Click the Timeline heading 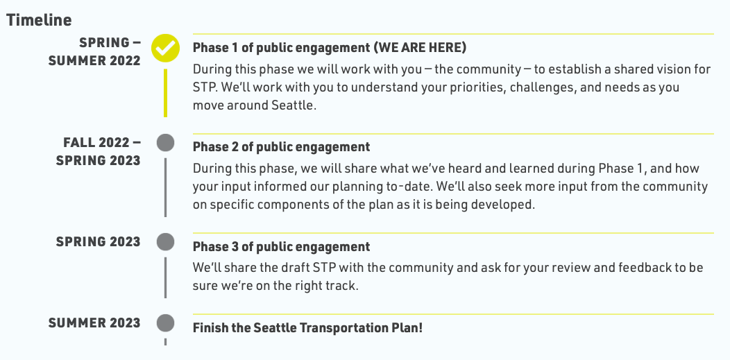(39, 20)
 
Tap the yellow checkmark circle (165, 48)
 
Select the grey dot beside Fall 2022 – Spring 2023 (165, 143)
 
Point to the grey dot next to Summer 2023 (165, 323)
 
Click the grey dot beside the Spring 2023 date (165, 242)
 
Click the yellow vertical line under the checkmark (165, 93)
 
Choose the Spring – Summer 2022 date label (94, 51)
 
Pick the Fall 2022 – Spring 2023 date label (99, 151)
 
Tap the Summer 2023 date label (94, 323)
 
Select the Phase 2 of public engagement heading (281, 147)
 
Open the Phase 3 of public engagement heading (281, 246)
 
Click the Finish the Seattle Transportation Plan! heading (307, 327)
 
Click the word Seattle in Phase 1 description (294, 105)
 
